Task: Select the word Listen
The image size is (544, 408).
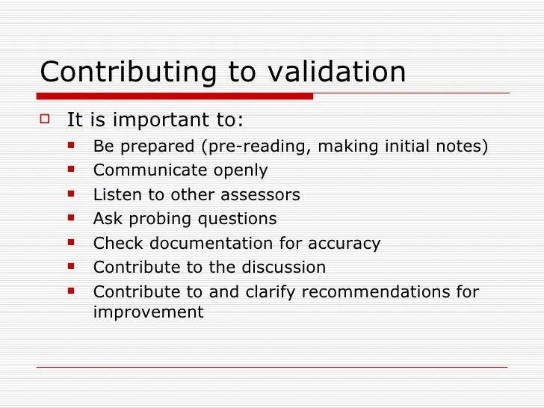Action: pyautogui.click(x=116, y=195)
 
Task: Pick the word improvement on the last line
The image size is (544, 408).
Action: pyautogui.click(x=148, y=312)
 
